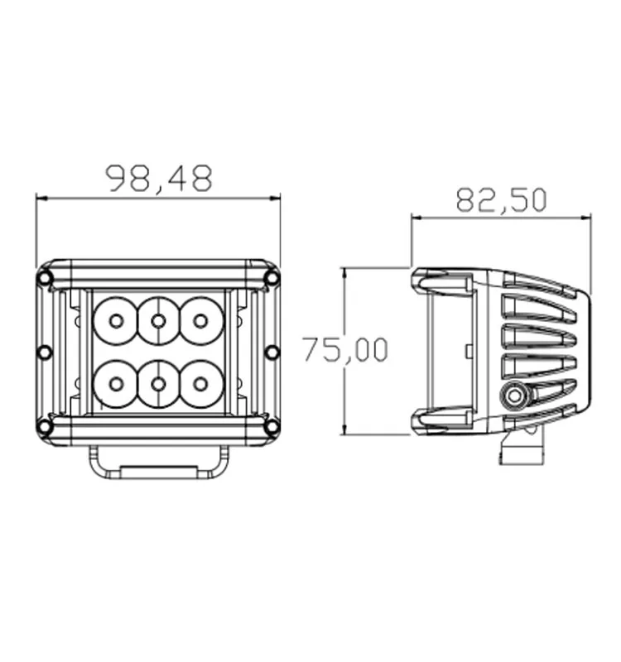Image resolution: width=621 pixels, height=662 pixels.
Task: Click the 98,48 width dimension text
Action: coord(159,178)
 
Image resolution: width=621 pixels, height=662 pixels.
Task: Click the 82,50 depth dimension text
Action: coord(501,199)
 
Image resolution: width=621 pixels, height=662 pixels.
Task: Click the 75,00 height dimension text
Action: coord(344,349)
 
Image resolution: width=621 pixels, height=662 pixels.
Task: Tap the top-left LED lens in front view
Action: coord(116,320)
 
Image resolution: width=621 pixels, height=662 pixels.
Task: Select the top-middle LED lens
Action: coord(158,320)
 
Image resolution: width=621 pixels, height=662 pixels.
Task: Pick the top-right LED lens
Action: coord(200,320)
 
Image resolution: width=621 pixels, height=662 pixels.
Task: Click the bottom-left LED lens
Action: coord(116,383)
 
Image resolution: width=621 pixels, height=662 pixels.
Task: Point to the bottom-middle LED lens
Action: coord(158,383)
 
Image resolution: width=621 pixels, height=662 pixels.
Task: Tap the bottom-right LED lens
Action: coord(200,383)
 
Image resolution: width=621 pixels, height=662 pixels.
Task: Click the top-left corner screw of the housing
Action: coord(46,278)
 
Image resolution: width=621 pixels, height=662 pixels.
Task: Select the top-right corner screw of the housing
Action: coord(272,278)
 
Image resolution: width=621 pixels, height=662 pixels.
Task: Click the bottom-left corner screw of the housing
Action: coord(46,426)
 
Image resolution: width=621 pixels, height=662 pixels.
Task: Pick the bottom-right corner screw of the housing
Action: coord(272,426)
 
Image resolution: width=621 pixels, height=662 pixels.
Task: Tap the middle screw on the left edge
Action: coord(45,353)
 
